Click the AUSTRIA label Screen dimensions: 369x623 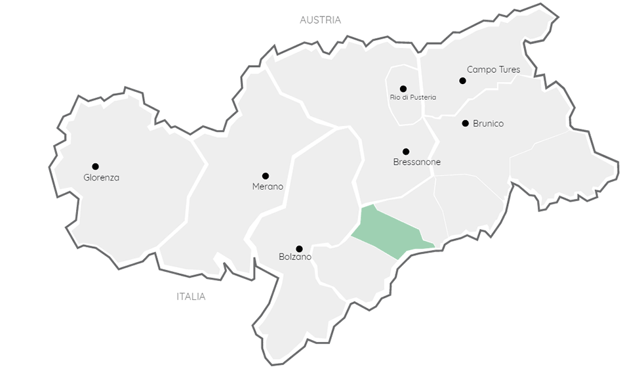320,20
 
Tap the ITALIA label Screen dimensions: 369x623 191,296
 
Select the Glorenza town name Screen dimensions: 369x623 102,177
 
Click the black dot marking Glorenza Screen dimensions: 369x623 95,166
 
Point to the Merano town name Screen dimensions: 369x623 268,186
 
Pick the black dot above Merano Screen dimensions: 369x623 266,175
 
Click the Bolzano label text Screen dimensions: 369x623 295,257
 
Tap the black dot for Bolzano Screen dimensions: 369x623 299,249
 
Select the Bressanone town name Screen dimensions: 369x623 416,162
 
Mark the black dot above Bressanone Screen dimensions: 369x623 406,152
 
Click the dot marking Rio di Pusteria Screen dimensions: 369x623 403,89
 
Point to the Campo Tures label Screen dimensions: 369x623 493,69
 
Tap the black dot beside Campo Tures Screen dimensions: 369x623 462,81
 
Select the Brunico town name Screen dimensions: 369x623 488,123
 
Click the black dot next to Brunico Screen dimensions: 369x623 465,123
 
